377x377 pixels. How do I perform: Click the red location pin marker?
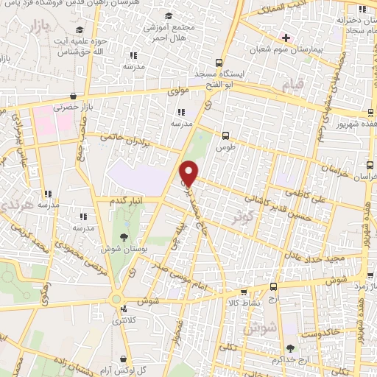tap(189, 173)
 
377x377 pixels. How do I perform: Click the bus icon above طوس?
tap(225, 135)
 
